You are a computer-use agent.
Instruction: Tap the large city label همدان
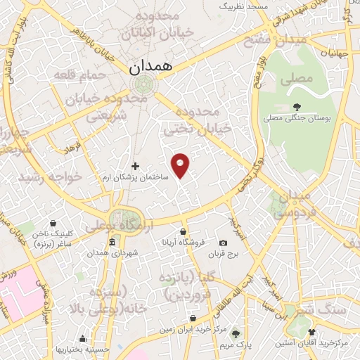(x=150, y=67)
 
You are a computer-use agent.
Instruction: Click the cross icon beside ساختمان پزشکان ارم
(x=136, y=167)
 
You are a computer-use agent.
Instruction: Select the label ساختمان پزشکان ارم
(x=136, y=179)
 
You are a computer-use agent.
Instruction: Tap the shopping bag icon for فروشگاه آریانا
(x=183, y=231)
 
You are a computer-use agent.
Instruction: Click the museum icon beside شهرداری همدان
(x=112, y=243)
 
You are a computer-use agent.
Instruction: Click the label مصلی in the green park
(x=295, y=80)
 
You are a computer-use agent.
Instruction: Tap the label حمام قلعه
(x=88, y=75)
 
